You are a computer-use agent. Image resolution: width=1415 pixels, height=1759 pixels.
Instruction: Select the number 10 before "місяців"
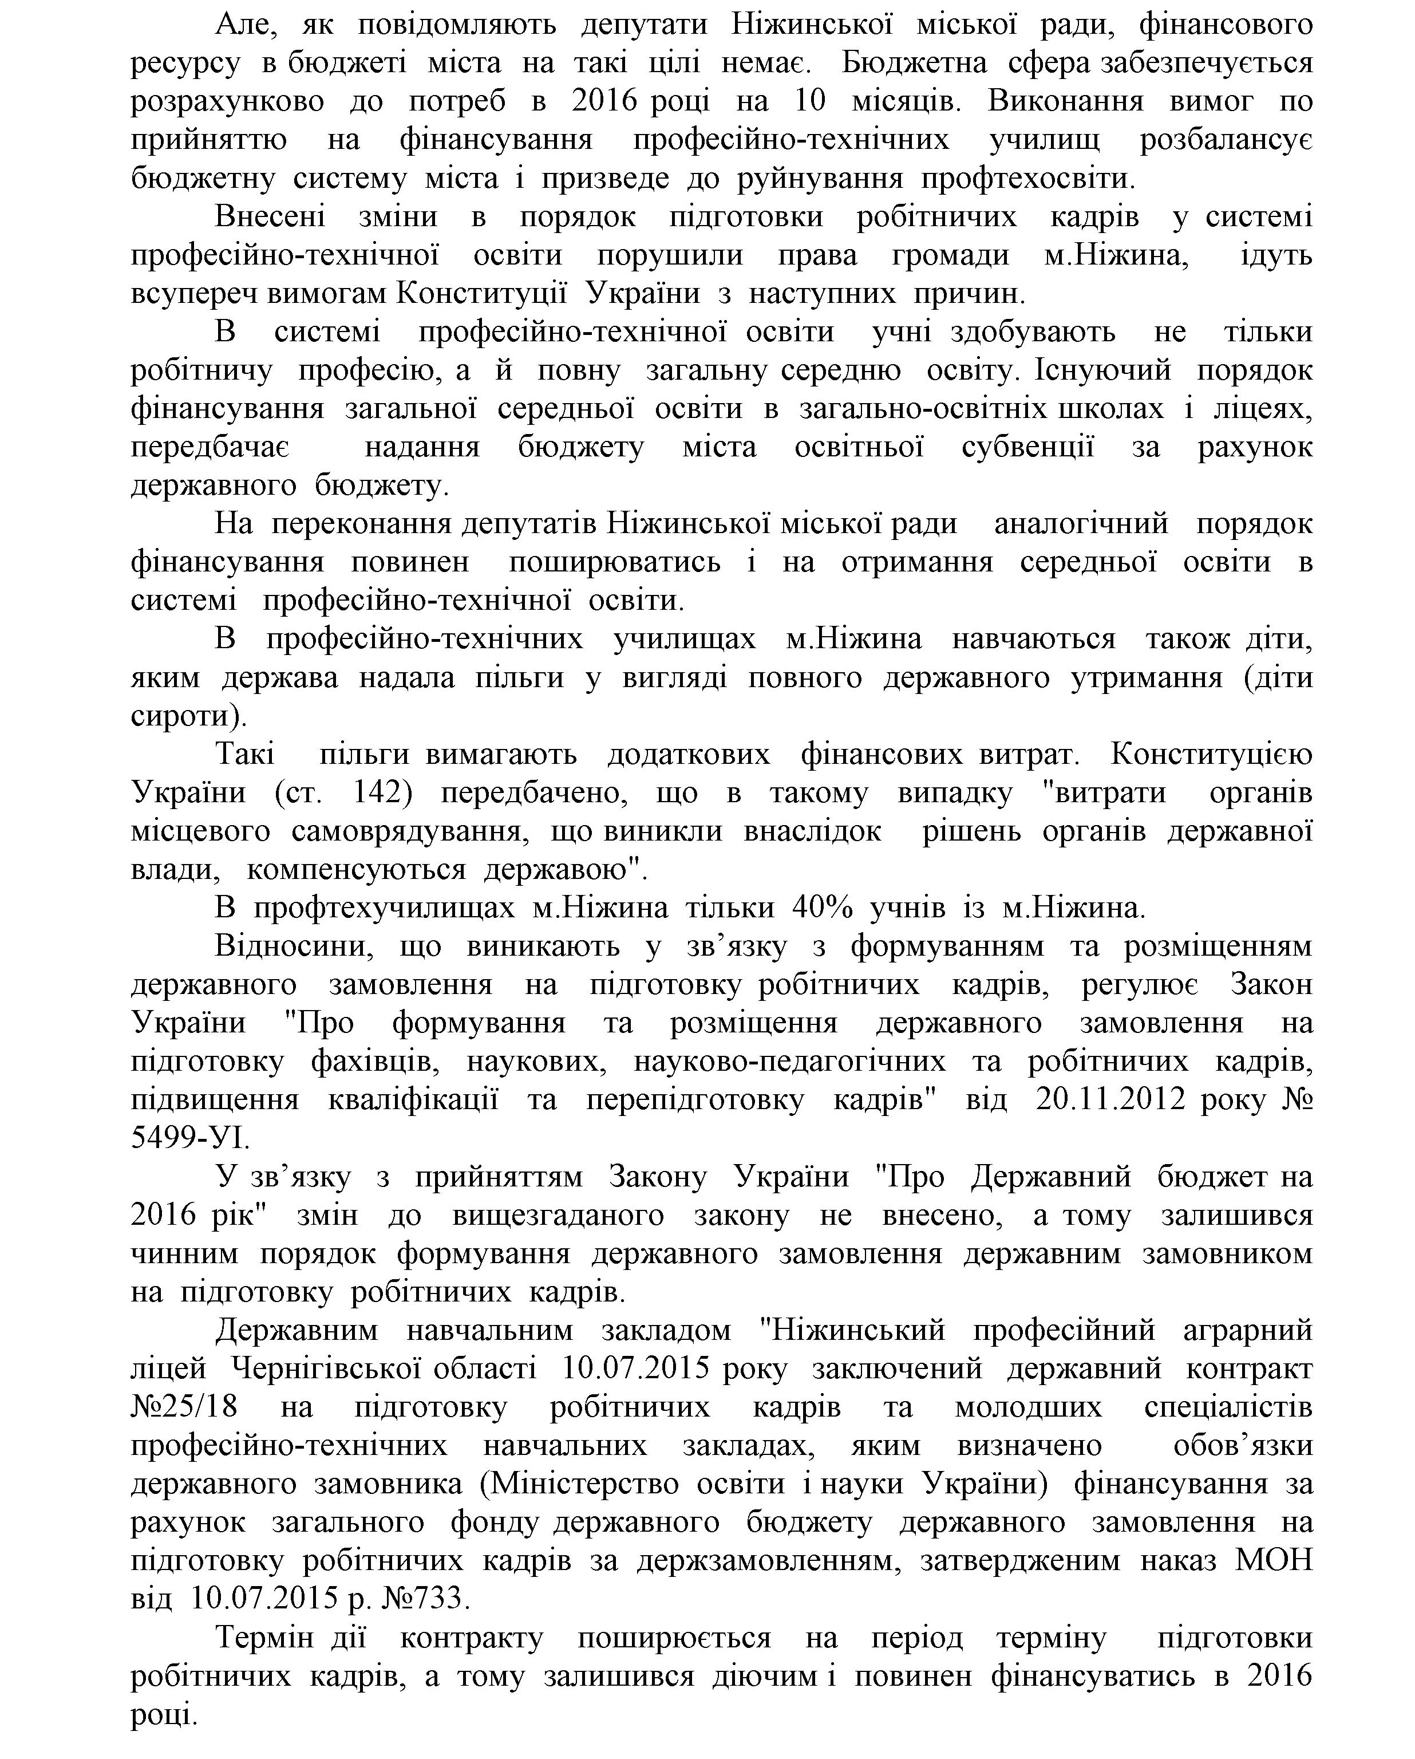point(810,101)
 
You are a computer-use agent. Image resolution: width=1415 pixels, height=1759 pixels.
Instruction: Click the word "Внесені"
point(270,217)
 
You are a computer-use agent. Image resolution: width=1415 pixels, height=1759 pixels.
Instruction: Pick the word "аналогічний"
point(1081,523)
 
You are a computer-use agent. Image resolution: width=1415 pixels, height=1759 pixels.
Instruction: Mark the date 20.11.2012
point(1111,1099)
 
